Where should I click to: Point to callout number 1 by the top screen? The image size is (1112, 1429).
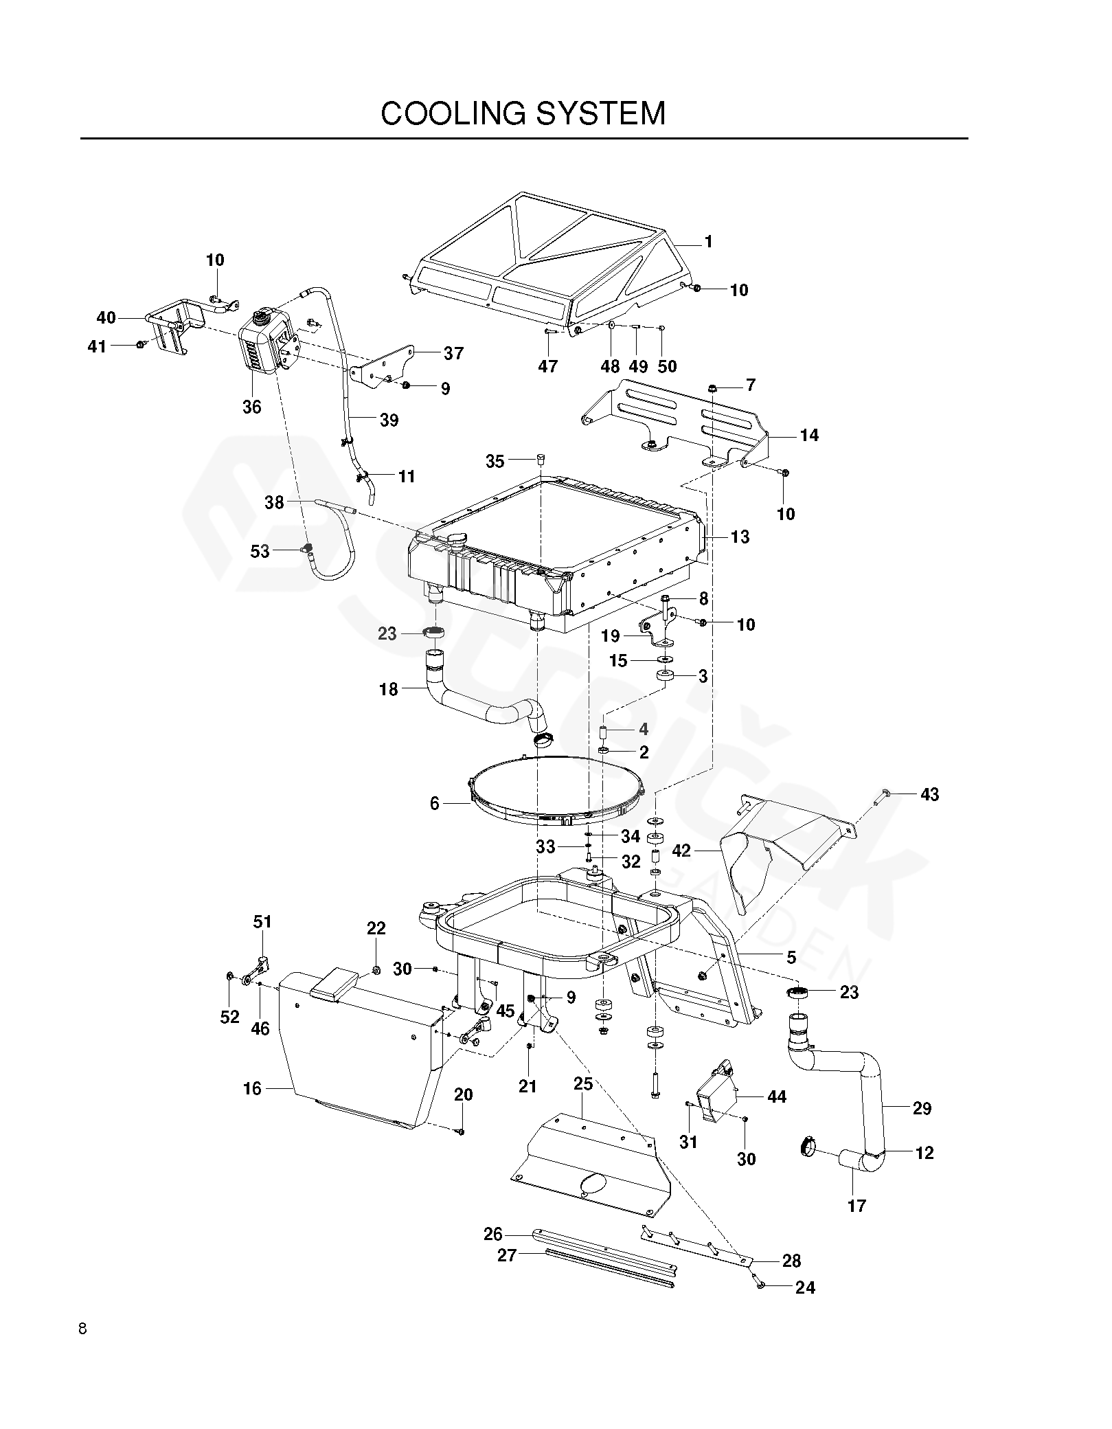click(x=708, y=242)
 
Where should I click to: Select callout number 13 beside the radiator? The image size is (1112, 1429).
click(x=740, y=537)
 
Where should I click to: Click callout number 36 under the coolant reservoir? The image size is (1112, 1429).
click(x=252, y=407)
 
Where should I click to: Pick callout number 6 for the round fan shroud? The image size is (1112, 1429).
click(x=434, y=803)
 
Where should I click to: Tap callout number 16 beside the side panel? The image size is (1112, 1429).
click(x=252, y=1088)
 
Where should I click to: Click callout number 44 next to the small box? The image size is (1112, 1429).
click(x=776, y=1096)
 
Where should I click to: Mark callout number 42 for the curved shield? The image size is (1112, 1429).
click(x=681, y=851)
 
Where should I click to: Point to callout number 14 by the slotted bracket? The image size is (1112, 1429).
click(x=809, y=435)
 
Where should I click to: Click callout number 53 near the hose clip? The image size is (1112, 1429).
click(x=260, y=551)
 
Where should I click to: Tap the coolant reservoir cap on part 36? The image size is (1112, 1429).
click(x=261, y=318)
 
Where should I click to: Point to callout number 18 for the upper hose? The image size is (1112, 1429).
click(x=389, y=689)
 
